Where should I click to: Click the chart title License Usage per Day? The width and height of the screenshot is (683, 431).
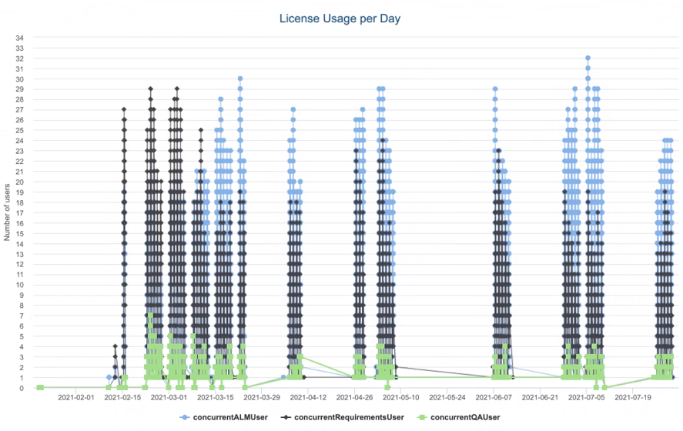(x=341, y=17)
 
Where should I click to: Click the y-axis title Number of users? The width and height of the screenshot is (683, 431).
(x=7, y=211)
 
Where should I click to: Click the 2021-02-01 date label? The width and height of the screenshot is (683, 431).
(x=75, y=399)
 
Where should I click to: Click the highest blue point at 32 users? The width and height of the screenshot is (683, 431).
(x=588, y=58)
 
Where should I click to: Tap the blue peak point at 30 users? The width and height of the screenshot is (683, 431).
(x=240, y=79)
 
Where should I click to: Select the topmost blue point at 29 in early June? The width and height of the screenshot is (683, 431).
(x=495, y=89)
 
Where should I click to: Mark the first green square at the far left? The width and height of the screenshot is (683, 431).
(x=39, y=388)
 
